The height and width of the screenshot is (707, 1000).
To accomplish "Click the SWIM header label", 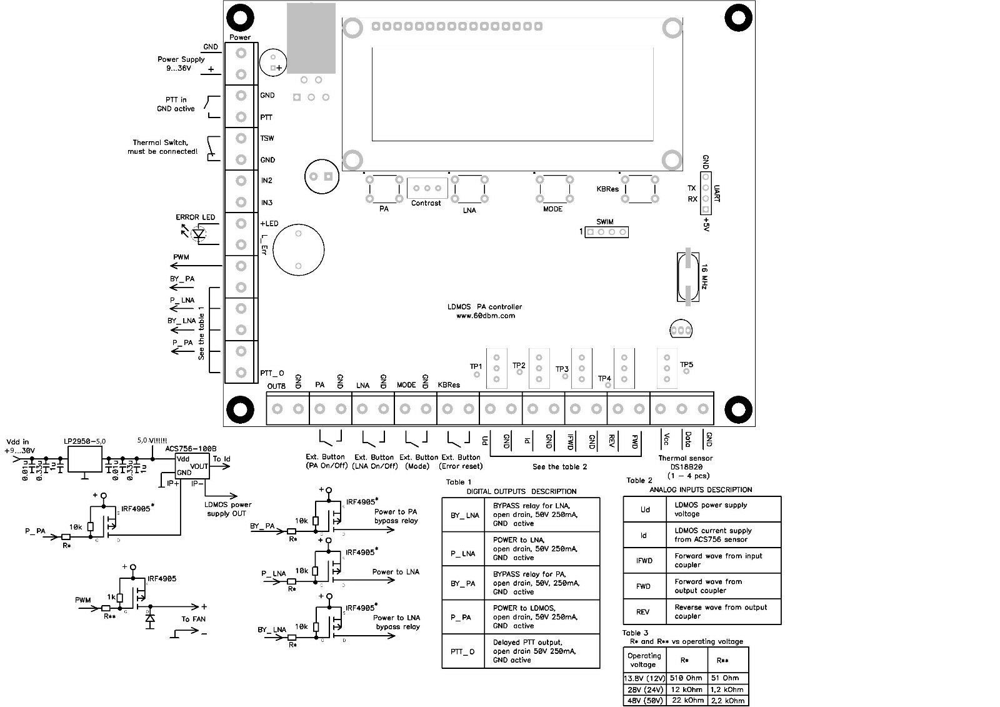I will tap(604, 222).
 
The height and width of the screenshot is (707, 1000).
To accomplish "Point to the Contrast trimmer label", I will tap(426, 203).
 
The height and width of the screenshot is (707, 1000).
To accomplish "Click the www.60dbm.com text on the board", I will tap(486, 316).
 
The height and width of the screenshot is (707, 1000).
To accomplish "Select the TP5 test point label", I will tap(686, 364).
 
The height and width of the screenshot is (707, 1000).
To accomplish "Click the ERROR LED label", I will tap(195, 218).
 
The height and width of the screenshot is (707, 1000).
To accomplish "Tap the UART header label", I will tap(716, 193).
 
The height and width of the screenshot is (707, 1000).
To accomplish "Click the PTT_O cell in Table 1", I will tap(462, 651).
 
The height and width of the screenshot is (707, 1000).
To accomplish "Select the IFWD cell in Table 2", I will tap(644, 561).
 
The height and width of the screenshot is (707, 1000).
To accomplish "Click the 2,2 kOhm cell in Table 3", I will tap(727, 701).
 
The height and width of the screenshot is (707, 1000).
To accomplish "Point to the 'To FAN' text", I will tap(193, 619).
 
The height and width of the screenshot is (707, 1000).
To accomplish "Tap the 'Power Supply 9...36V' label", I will tap(181, 64).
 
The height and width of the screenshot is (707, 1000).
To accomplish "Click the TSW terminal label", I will tap(267, 138).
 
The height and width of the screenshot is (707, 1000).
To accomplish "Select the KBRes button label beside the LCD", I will tap(607, 189).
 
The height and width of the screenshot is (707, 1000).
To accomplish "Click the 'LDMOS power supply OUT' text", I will tap(228, 509).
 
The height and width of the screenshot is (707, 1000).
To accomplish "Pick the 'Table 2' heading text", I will tap(639, 480).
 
